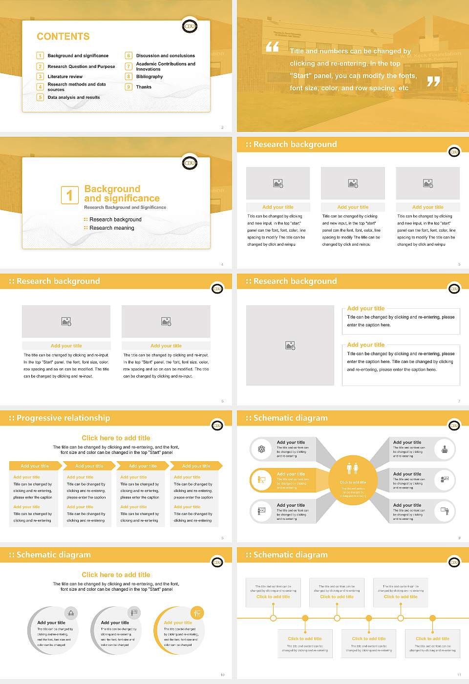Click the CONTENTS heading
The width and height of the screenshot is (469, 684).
pos(63,37)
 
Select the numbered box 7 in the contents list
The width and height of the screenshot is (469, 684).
pos(128,66)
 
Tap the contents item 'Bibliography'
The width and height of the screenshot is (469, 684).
pos(149,77)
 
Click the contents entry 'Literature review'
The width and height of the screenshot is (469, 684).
pos(65,77)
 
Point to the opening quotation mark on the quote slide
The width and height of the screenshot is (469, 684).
pos(272,47)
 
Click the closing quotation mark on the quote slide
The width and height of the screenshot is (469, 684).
pos(433,82)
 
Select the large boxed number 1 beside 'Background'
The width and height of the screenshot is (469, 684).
pos(69,195)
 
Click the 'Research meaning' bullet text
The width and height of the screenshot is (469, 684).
pos(111,228)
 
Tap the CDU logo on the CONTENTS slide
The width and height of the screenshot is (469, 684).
pos(190,26)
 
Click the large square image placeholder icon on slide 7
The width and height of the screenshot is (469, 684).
pos(290,345)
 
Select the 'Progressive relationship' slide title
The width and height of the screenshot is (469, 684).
pos(63,418)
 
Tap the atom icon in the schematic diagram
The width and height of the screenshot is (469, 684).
pos(261,449)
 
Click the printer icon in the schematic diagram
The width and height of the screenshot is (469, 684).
pos(444,449)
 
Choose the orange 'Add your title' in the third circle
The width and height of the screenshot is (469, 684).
pos(178,622)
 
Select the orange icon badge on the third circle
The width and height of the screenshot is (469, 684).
pos(197,613)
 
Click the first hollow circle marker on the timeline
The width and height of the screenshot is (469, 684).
pos(273,618)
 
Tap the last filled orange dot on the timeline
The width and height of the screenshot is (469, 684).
pos(432,618)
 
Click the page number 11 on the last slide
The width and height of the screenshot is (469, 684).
pos(459,675)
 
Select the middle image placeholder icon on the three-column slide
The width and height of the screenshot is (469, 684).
pos(353,183)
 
